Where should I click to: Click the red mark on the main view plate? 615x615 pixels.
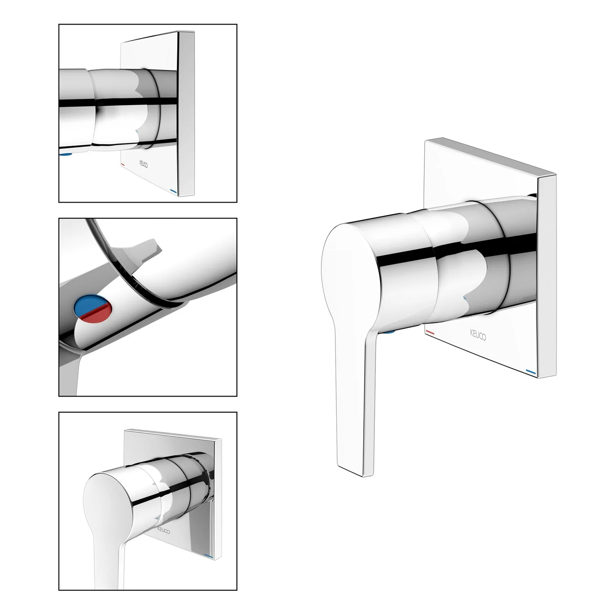point(430,331)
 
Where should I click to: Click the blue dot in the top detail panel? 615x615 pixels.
point(66,155)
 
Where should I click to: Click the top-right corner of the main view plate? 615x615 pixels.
point(556,175)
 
